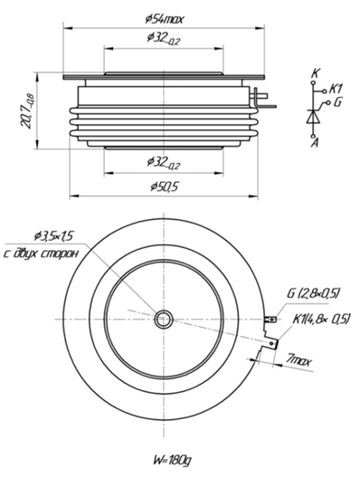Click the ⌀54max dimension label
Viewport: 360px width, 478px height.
coord(165,20)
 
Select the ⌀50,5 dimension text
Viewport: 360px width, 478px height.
coord(164,186)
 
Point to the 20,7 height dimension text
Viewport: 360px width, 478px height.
coord(27,110)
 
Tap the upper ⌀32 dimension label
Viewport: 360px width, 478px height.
coord(164,38)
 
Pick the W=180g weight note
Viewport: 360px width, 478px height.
coord(173,460)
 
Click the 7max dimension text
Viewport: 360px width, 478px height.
coord(299,360)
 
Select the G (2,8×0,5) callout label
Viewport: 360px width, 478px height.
coord(313,294)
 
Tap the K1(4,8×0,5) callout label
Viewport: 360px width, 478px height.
coord(321,320)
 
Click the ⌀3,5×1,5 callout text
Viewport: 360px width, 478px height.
coord(55,236)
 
